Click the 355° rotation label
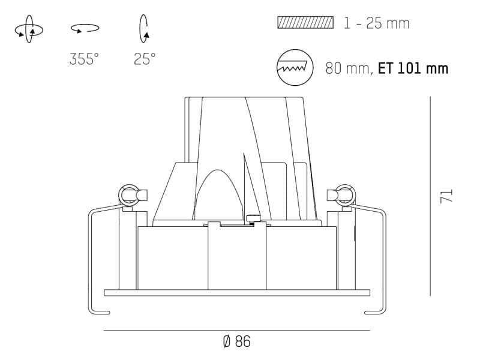tap(84, 59)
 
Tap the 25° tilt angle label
tap(145, 59)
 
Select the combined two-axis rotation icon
tap(29, 29)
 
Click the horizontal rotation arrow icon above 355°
tap(85, 28)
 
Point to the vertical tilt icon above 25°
tap(143, 29)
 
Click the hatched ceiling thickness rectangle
tap(305, 23)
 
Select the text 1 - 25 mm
tap(377, 23)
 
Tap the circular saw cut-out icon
tap(295, 67)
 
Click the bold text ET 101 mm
tap(413, 68)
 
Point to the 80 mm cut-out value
tap(348, 68)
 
